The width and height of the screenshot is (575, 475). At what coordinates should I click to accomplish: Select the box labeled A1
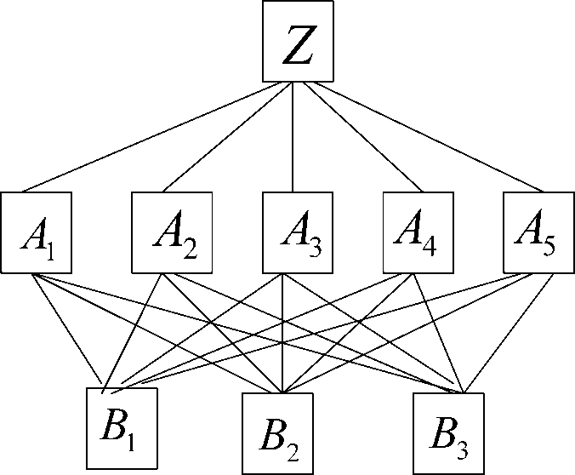click(x=36, y=233)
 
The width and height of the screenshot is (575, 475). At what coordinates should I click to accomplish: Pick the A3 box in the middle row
click(x=293, y=233)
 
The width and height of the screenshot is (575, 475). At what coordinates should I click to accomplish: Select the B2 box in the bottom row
click(x=277, y=432)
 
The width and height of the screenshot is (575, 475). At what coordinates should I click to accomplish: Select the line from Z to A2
click(x=223, y=138)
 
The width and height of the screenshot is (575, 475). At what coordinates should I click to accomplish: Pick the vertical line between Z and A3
click(x=293, y=136)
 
